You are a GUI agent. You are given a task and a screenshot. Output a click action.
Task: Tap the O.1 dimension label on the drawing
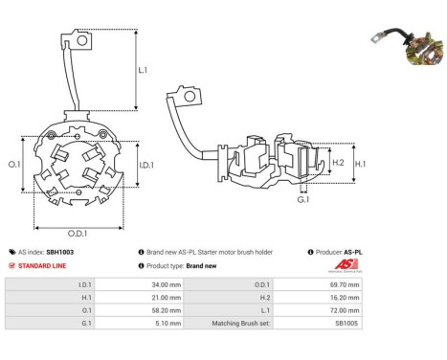pos(13,164)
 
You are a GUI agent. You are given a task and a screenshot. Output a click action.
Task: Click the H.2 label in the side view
pos(338,163)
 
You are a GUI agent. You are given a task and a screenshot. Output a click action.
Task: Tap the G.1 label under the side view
pos(303,200)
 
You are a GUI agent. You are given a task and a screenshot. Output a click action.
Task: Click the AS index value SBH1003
pos(59,252)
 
